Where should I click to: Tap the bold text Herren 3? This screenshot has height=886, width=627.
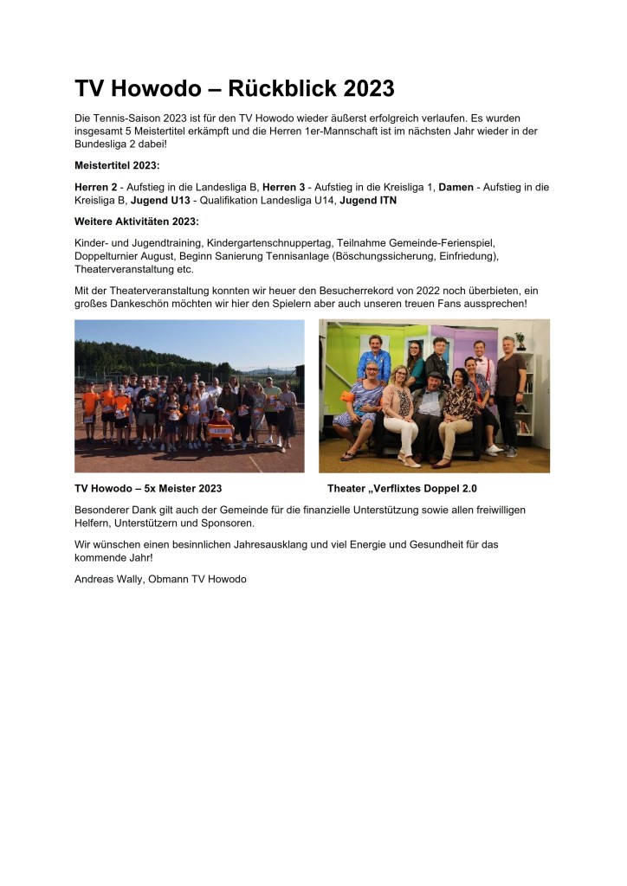(x=284, y=187)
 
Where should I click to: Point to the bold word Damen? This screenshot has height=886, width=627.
(x=456, y=187)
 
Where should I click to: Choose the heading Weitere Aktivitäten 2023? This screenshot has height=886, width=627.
(x=137, y=221)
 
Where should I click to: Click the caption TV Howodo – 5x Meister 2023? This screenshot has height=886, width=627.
(x=148, y=488)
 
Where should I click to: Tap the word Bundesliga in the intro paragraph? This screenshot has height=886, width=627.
(x=104, y=143)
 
